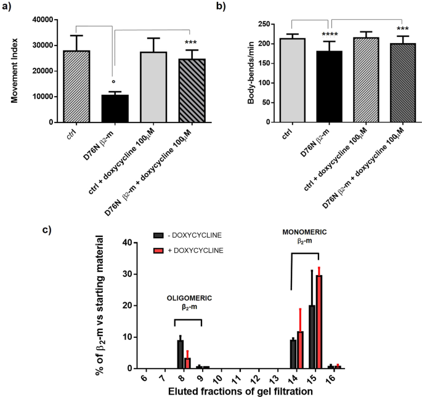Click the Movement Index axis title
(x=10, y=71)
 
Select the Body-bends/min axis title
(x=251, y=71)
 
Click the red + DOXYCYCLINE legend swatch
(x=158, y=251)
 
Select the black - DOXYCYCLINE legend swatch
(x=158, y=236)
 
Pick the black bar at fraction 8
(x=181, y=354)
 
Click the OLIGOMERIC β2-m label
(x=189, y=302)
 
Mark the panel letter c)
(x=7, y=213)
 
